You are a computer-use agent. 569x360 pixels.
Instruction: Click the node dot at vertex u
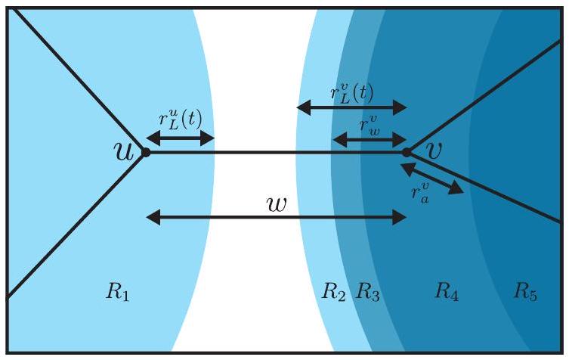(x=146, y=152)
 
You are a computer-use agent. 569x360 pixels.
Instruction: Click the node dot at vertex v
(x=407, y=152)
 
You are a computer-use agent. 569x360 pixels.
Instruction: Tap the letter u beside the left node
(x=123, y=151)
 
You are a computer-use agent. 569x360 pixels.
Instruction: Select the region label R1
(x=119, y=291)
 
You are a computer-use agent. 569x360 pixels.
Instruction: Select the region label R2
(x=334, y=291)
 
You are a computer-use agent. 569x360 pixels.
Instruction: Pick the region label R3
(x=368, y=291)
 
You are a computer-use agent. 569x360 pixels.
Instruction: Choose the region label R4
(x=447, y=290)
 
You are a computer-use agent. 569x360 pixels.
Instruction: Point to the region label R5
(x=526, y=290)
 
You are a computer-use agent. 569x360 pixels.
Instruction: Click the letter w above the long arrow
(x=277, y=203)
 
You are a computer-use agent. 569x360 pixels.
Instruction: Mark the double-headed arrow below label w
(x=276, y=218)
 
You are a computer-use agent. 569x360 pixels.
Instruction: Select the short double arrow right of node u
(x=180, y=138)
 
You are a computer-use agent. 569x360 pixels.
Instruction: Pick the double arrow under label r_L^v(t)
(x=351, y=107)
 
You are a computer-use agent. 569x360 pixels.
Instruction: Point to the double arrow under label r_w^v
(x=370, y=138)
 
